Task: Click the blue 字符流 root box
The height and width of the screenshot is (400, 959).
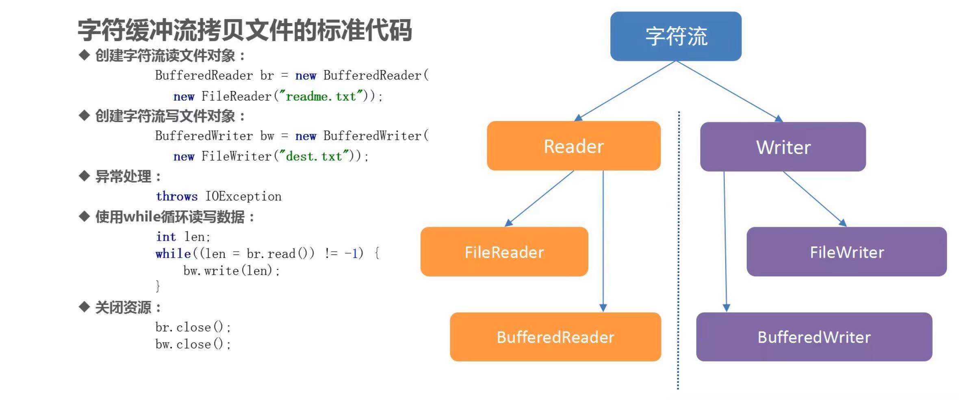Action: point(676,36)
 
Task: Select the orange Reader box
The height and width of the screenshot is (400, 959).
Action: point(574,146)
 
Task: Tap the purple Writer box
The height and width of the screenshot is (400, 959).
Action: point(783,147)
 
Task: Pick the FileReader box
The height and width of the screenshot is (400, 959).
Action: point(504,252)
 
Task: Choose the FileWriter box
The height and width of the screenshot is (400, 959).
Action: point(847,252)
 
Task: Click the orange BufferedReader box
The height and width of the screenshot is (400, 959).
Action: point(555,337)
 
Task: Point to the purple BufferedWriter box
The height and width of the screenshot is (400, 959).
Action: point(814,337)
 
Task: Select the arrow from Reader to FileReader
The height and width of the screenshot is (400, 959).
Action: point(539,198)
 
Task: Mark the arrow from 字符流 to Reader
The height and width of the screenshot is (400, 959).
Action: point(625,91)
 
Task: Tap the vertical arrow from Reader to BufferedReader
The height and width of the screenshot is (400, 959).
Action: point(603,241)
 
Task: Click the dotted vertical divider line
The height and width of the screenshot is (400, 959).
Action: point(678,250)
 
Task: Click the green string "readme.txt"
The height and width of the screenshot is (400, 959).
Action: point(321,96)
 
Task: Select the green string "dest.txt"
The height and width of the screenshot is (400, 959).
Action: point(314,157)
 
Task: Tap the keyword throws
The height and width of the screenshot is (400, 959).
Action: point(177,196)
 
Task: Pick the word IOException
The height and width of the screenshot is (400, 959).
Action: point(243,196)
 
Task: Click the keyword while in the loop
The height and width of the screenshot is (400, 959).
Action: point(173,254)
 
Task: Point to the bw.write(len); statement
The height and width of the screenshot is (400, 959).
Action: point(232,271)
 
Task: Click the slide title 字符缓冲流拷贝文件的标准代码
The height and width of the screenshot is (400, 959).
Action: point(245,30)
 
